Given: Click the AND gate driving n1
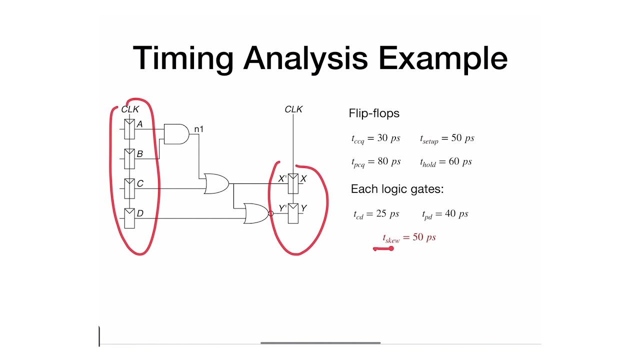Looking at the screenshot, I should point(176,134).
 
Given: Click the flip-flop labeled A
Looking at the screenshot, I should point(129,129).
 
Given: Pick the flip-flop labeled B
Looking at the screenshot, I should point(129,158).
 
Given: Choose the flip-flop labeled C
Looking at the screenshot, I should point(129,188).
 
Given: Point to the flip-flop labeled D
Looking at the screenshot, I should point(129,218).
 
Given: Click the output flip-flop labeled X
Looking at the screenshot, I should point(293,183).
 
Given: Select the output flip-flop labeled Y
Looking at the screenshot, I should point(293,213).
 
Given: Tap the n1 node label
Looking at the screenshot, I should point(198,129).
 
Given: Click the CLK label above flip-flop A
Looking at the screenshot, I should point(130,109).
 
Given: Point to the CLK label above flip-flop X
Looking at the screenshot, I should point(293,109).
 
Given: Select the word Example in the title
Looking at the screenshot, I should point(443,58).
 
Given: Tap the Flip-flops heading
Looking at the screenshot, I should point(374,113).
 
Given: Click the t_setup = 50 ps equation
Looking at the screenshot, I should point(447,138).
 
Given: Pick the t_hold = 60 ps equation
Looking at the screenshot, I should point(446,162).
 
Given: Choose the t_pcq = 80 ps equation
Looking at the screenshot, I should point(376,162).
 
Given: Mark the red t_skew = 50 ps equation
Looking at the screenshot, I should point(409,238).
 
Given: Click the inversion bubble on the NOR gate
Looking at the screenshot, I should point(271,213).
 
